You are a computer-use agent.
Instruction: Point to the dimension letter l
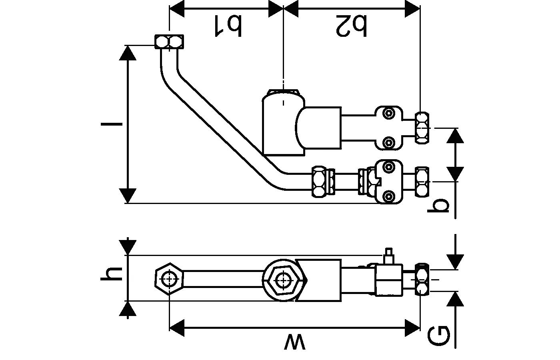pyautogui.click(x=112, y=124)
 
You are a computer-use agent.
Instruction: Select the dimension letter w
pyautogui.click(x=294, y=343)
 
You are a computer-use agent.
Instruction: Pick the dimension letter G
pyautogui.click(x=438, y=335)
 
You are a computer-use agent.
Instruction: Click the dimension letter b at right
pyautogui.click(x=439, y=206)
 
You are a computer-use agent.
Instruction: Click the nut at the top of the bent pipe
pyautogui.click(x=169, y=42)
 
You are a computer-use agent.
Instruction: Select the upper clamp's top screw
pyautogui.click(x=388, y=113)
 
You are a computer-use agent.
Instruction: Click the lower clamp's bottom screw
pyautogui.click(x=388, y=196)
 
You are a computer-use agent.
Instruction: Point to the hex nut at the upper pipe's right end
pyautogui.click(x=422, y=128)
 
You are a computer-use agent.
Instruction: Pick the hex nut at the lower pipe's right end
pyautogui.click(x=422, y=182)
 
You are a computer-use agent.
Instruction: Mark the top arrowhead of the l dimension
pyautogui.click(x=128, y=52)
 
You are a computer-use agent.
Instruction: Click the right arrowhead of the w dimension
pyautogui.click(x=412, y=328)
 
